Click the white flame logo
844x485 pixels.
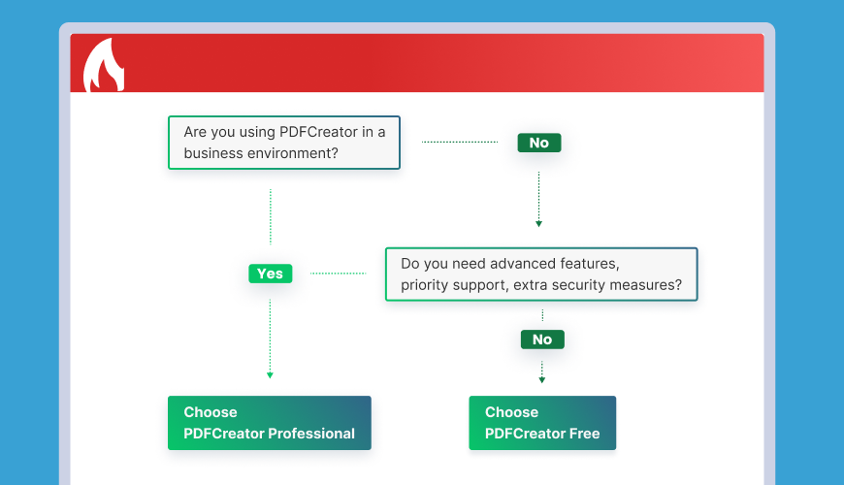point(104,67)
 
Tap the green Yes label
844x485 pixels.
point(271,274)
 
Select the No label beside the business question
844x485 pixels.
point(538,143)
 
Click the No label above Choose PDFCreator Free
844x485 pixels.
point(542,339)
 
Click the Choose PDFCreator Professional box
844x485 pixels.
point(269,423)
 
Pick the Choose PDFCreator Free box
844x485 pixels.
point(542,423)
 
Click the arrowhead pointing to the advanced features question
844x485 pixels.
point(538,224)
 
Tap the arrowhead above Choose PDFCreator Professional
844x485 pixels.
point(271,375)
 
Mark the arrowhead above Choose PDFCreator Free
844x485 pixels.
point(542,380)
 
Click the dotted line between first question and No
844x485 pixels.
point(460,143)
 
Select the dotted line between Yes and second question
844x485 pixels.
point(338,274)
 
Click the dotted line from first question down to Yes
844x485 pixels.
point(271,216)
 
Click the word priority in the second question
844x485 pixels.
point(424,285)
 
